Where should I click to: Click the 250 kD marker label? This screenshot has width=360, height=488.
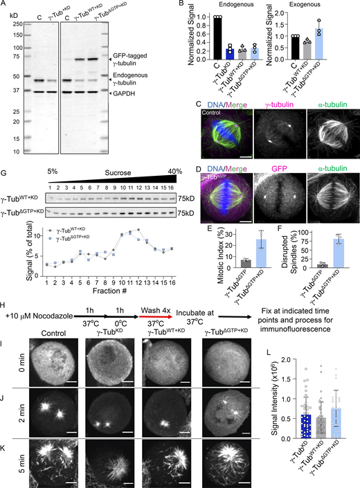12,23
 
